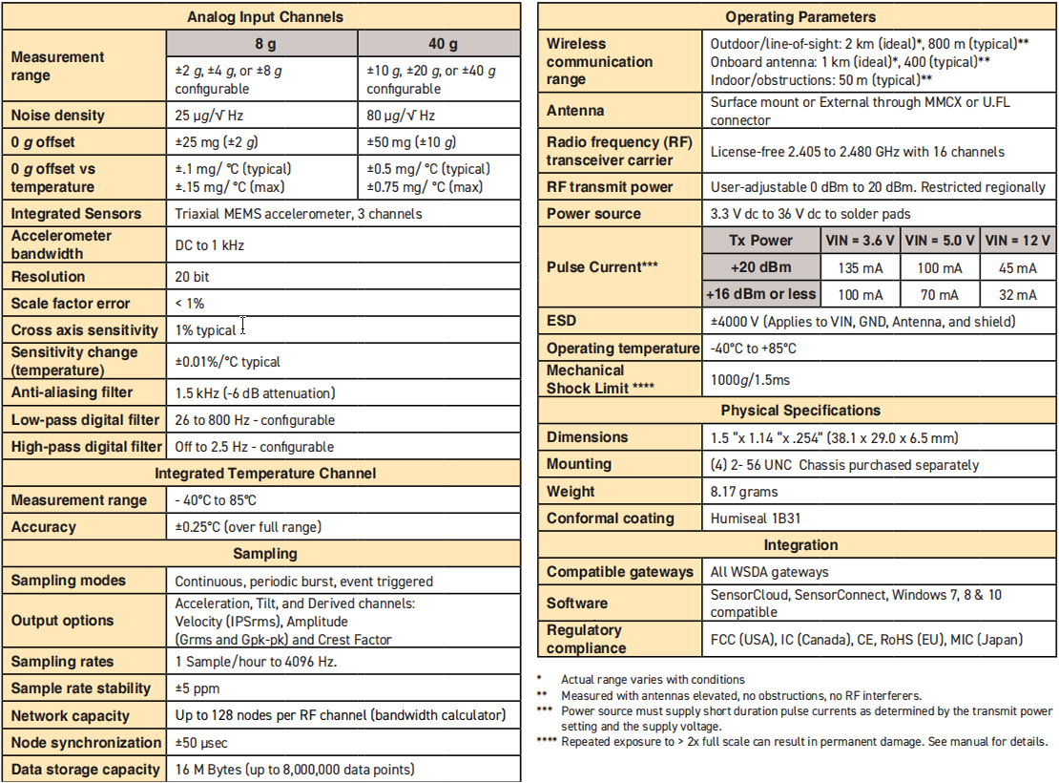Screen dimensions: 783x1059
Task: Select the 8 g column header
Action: pyautogui.click(x=262, y=44)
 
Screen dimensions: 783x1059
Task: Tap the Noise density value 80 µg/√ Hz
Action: pyautogui.click(x=401, y=116)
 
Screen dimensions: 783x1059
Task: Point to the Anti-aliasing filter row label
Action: pyautogui.click(x=73, y=392)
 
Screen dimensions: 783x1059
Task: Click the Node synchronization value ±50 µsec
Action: pyautogui.click(x=201, y=743)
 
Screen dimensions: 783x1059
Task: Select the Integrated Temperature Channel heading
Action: pyautogui.click(x=265, y=474)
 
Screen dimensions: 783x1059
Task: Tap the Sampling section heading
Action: pyautogui.click(x=265, y=554)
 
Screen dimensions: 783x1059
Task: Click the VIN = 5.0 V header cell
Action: pyautogui.click(x=940, y=241)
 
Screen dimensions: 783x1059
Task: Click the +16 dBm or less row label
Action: pyautogui.click(x=761, y=295)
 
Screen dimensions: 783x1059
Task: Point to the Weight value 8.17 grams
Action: pyautogui.click(x=744, y=492)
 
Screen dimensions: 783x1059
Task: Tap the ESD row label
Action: pyautogui.click(x=562, y=322)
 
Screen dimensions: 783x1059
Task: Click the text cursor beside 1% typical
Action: pyautogui.click(x=243, y=327)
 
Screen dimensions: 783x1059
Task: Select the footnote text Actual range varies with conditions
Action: pyautogui.click(x=653, y=680)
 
